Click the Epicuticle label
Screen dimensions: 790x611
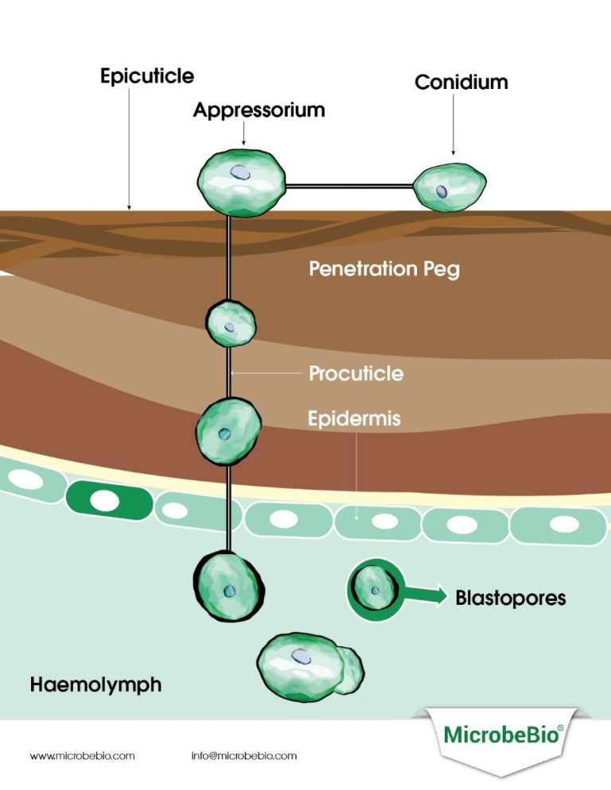147,76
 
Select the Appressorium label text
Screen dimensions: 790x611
259,110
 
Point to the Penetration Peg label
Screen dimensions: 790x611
383,269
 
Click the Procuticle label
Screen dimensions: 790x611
356,373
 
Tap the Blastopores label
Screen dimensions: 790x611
510,598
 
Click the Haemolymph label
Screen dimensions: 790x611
95,684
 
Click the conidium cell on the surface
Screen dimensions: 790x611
449,189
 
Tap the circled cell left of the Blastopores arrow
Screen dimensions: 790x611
373,591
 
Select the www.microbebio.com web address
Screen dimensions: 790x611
82,756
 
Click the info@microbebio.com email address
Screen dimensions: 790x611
243,756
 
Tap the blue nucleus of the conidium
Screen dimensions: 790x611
442,191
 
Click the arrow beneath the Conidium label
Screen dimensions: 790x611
453,127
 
